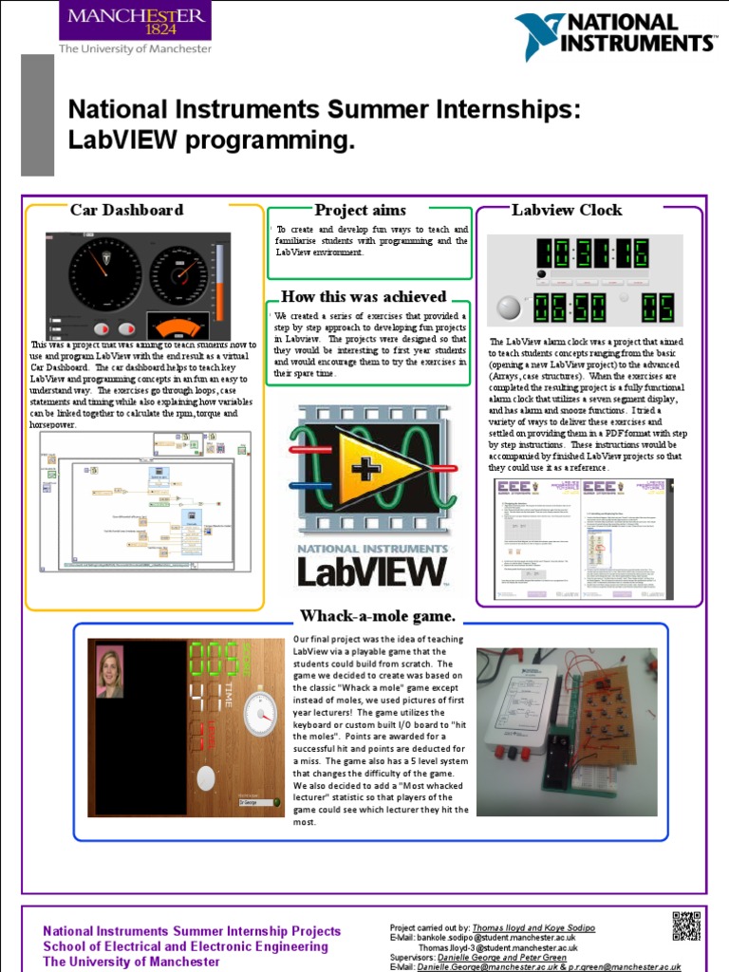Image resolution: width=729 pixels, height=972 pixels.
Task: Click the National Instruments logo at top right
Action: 615,37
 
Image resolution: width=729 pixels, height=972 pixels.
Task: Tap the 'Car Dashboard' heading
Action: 126,210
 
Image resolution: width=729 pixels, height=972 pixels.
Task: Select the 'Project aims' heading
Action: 360,210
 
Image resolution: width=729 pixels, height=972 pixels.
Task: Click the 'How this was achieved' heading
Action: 364,296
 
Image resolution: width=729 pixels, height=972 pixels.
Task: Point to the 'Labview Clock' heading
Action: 567,210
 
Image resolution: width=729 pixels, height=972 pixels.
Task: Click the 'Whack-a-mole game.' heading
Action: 378,616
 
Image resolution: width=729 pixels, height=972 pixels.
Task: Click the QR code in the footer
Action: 686,925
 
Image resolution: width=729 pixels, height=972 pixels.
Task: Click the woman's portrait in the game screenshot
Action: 110,671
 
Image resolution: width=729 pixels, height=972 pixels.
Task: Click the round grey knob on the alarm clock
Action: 510,308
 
